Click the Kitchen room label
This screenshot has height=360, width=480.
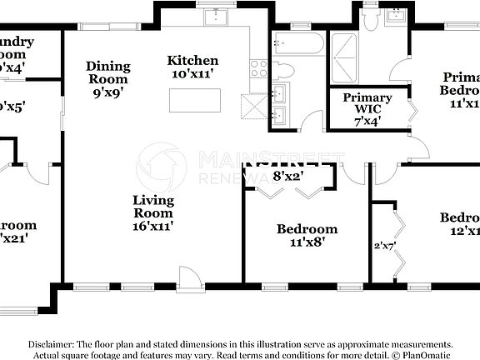click(x=192, y=61)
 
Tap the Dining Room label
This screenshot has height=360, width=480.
click(x=108, y=67)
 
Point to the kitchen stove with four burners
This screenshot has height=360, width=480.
click(x=257, y=68)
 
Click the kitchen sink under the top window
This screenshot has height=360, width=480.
click(x=217, y=17)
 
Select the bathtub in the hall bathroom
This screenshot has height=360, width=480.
click(x=297, y=44)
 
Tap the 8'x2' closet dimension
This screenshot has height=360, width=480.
click(x=287, y=176)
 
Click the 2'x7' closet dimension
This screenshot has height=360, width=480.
click(x=383, y=245)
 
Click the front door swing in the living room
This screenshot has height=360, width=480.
click(x=190, y=277)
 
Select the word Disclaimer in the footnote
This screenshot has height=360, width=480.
click(x=51, y=344)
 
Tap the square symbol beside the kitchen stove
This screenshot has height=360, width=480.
click(x=252, y=107)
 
